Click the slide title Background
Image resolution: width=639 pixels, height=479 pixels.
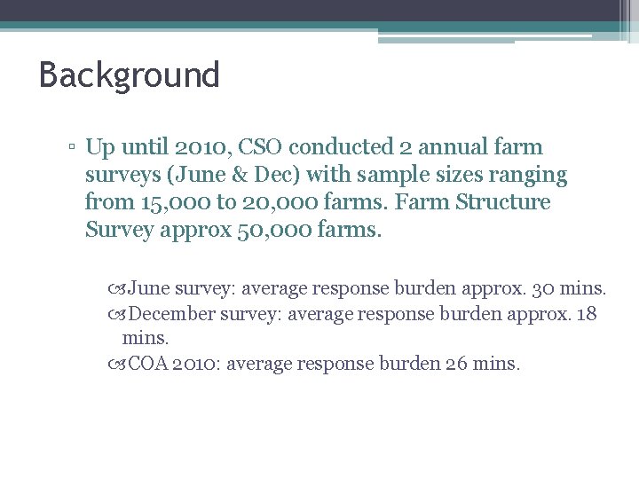[129, 75]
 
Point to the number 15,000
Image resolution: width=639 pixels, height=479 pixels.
[175, 202]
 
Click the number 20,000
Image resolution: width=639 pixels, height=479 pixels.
[272, 202]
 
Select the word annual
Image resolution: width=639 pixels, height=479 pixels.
[467, 146]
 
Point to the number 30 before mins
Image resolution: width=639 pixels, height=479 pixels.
[548, 288]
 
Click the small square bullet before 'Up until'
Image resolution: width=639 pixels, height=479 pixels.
[71, 148]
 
